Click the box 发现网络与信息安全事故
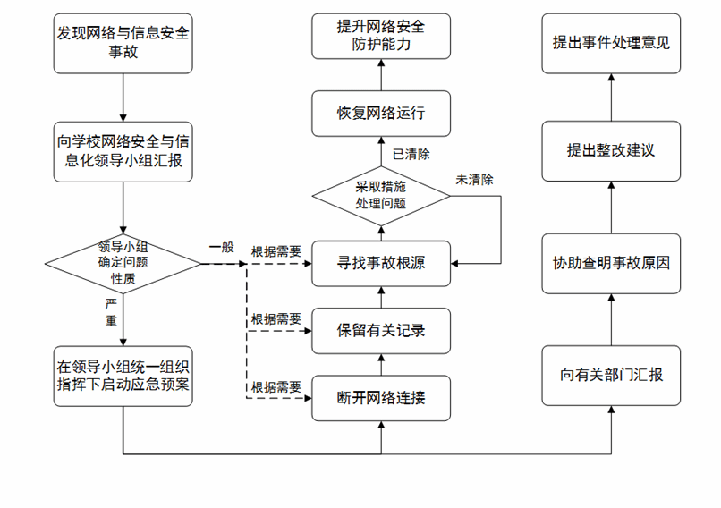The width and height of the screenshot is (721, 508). (123, 44)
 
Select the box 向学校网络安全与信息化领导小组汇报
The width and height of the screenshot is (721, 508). (123, 149)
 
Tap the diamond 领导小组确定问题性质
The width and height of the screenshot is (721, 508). (123, 264)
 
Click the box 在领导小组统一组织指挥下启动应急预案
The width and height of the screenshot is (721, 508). (123, 376)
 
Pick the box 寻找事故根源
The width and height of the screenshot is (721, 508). (380, 264)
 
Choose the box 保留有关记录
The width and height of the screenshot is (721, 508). (380, 331)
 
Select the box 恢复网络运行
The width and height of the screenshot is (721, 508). (380, 114)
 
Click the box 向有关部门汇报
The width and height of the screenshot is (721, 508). (611, 376)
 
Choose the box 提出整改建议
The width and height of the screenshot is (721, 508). (611, 149)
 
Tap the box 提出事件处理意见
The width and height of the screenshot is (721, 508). (611, 43)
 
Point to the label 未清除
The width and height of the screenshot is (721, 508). (474, 179)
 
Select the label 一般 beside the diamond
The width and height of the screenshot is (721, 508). (222, 248)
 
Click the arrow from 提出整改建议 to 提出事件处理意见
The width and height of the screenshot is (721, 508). (611, 97)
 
